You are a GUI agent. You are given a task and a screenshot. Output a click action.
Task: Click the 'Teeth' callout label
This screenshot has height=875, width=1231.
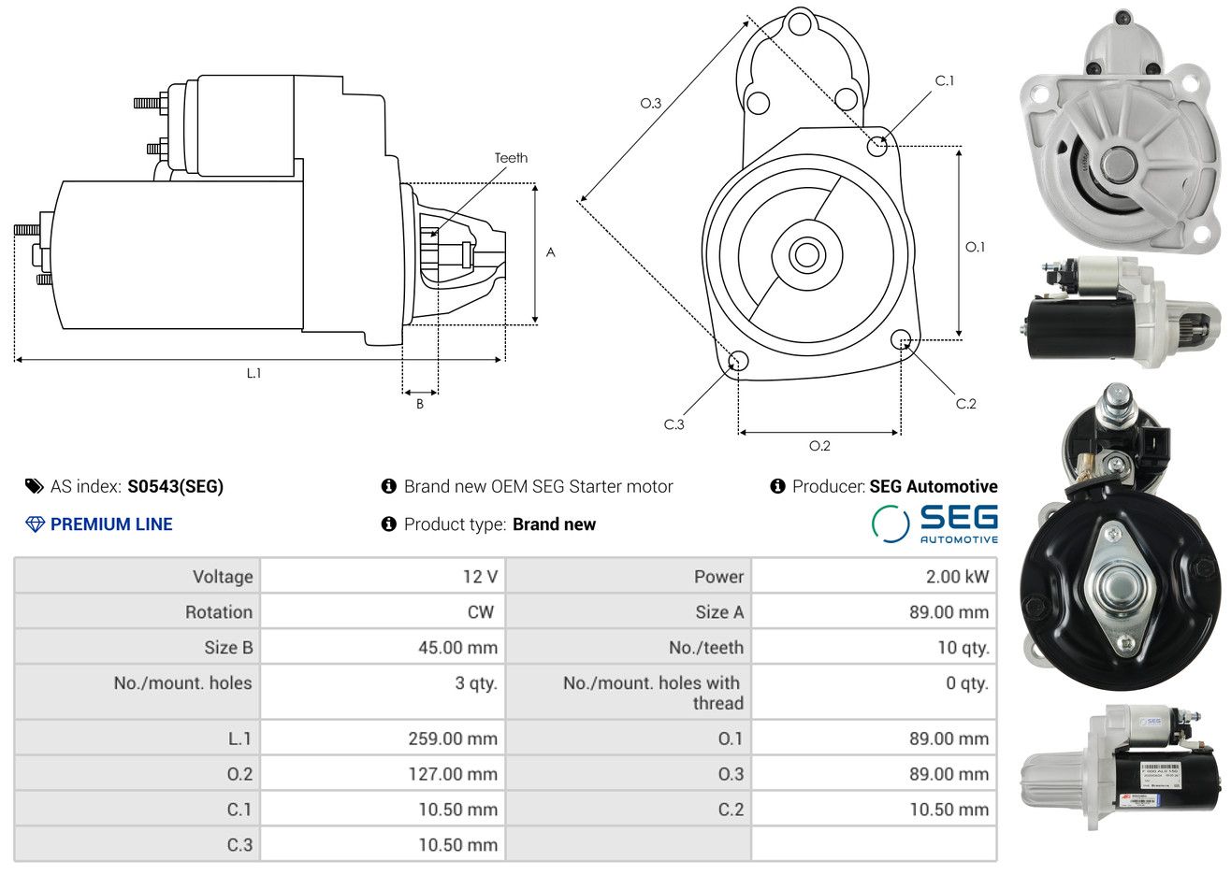pyautogui.click(x=511, y=158)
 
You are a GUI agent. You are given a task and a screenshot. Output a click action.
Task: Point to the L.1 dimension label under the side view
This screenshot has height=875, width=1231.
pyautogui.click(x=253, y=374)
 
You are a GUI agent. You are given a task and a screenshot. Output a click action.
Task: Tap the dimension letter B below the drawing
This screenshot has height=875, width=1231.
pyautogui.click(x=420, y=404)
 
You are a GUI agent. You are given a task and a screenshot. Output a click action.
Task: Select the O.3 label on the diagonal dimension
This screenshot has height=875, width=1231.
pyautogui.click(x=651, y=103)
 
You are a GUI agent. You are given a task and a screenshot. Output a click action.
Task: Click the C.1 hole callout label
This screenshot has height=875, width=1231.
pyautogui.click(x=945, y=80)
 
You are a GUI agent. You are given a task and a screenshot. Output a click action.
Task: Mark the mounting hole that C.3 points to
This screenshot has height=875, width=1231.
pyautogui.click(x=738, y=361)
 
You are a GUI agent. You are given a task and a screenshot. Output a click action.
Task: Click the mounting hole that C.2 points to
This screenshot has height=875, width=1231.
pyautogui.click(x=900, y=339)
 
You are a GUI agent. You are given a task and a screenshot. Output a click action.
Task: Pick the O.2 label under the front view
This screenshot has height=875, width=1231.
pyautogui.click(x=819, y=446)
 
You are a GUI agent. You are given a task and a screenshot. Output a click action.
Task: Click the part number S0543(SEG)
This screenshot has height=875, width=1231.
pyautogui.click(x=175, y=487)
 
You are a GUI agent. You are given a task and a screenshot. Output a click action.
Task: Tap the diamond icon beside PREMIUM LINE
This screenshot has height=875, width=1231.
pyautogui.click(x=36, y=524)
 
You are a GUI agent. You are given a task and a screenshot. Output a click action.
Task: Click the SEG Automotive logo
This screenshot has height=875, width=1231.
pyautogui.click(x=934, y=524)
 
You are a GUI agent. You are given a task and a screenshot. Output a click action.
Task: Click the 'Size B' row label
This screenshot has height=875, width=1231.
pyautogui.click(x=228, y=648)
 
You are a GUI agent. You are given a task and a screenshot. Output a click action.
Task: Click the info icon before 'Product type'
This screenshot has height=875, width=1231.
pyautogui.click(x=388, y=524)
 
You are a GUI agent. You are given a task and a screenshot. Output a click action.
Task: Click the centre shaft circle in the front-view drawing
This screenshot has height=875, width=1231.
pyautogui.click(x=806, y=255)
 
